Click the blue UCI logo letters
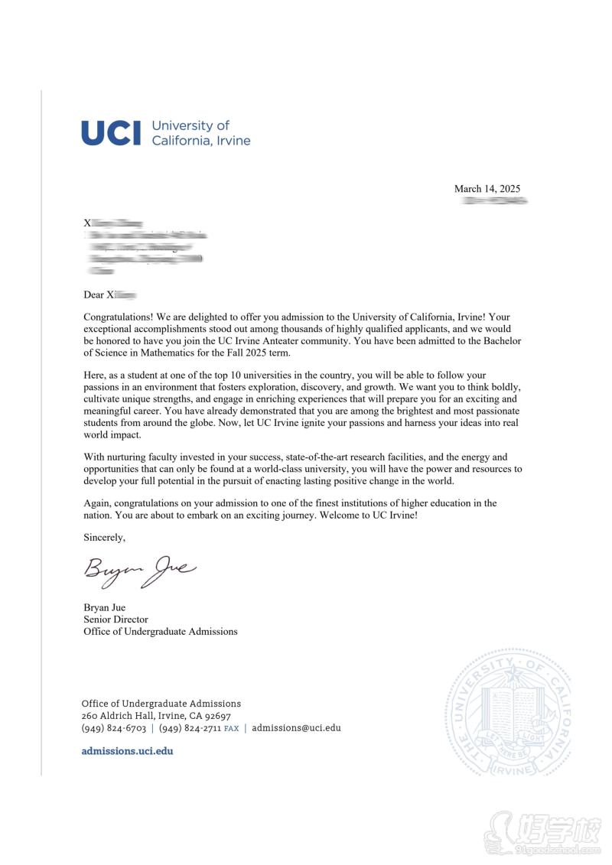tap(111, 133)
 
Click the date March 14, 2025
tap(487, 189)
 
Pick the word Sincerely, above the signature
tap(104, 538)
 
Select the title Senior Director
tap(116, 619)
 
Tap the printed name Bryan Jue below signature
tap(105, 608)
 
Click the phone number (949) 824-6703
tap(114, 728)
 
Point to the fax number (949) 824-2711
tap(190, 728)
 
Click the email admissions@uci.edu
tap(296, 728)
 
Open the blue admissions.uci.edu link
tap(127, 751)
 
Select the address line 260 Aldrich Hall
tap(122, 716)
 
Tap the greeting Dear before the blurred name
tap(93, 294)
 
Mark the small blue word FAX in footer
tap(231, 729)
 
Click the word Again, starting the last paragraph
tap(98, 503)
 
